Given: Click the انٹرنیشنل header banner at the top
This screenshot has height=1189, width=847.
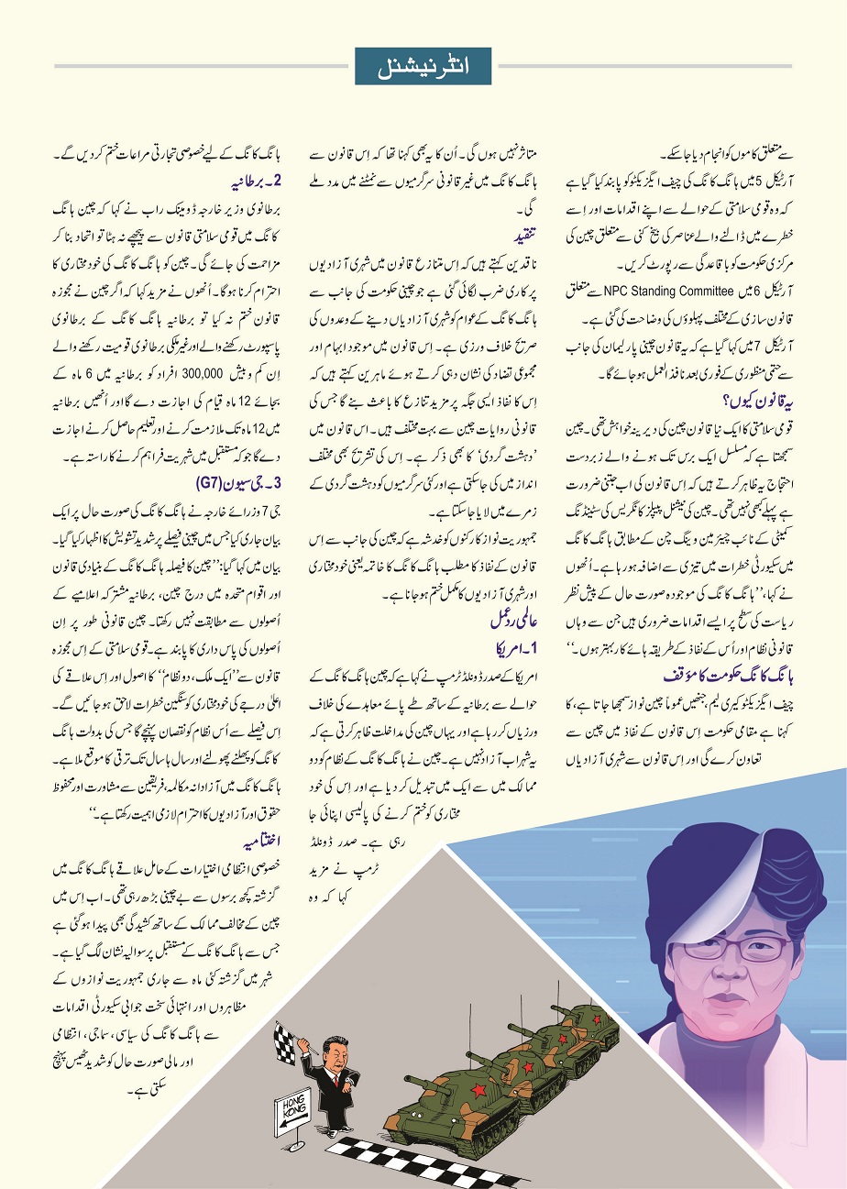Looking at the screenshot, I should click(x=423, y=65).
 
